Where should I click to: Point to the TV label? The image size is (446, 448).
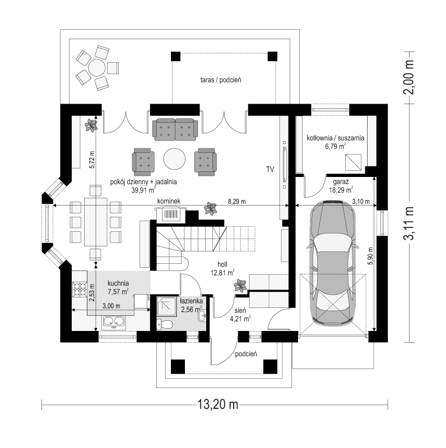(270, 169)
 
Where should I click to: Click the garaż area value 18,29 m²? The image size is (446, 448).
(341, 190)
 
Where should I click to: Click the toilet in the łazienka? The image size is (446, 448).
(163, 324)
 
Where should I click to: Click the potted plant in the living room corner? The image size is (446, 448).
(91, 124)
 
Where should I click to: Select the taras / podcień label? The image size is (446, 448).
(220, 81)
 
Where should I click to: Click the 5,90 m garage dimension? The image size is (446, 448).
(370, 258)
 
